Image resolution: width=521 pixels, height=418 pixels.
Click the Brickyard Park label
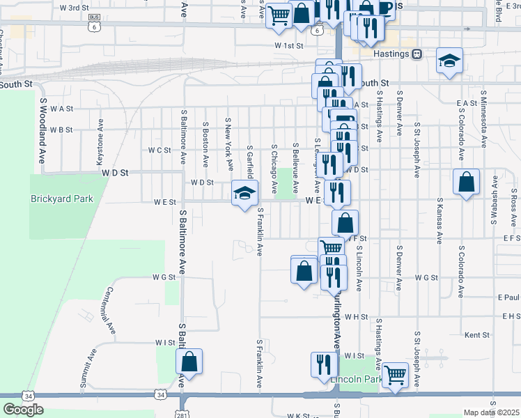tap(62, 199)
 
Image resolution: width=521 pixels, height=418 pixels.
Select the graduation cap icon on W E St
tap(244, 193)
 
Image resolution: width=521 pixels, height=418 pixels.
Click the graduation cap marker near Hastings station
tap(450, 61)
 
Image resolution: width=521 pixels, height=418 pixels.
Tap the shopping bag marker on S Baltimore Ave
tap(189, 362)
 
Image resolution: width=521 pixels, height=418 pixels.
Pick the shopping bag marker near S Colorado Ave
tap(466, 183)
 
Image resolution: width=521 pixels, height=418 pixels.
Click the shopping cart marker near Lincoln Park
tap(395, 375)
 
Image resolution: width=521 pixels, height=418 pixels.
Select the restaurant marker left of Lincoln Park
tap(323, 365)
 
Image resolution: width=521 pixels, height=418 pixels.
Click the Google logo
tap(23, 410)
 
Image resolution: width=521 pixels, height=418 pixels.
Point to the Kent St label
tap(477, 335)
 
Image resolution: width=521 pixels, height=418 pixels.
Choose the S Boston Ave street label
tap(206, 144)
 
